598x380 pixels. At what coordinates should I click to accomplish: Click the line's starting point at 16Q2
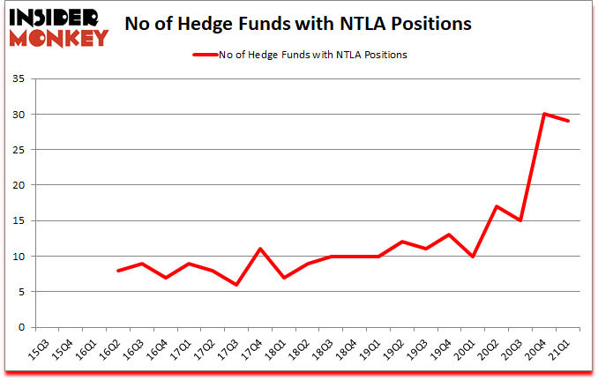118,271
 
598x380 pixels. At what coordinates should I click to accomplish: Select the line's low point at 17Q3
237,285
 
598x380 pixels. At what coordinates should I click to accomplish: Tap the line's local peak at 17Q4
261,250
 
